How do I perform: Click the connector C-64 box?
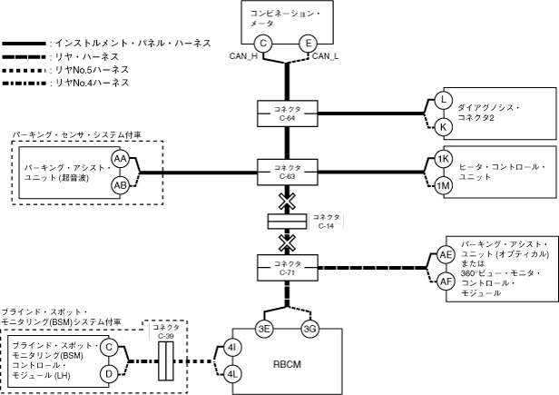coord(288,114)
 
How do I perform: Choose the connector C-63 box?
coord(288,170)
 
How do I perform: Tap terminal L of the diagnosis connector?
coord(444,100)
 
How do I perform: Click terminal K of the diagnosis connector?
coord(444,126)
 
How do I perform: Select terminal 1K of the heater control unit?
coord(444,158)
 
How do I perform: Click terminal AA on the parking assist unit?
coord(120,159)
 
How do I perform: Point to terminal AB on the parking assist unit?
coord(120,185)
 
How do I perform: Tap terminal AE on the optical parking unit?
coord(446,255)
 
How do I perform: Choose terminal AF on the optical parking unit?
coord(446,281)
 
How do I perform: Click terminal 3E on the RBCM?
coord(265,328)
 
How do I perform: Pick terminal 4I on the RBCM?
coord(232,347)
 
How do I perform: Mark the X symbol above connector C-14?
coord(288,197)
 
